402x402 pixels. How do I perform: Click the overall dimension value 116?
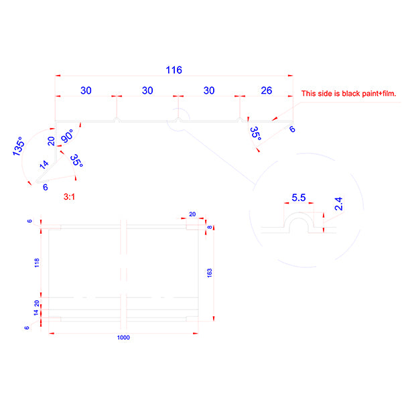click(174, 69)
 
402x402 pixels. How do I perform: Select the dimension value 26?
click(266, 90)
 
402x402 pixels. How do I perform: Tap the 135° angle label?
click(19, 146)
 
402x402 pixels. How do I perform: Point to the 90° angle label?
click(67, 136)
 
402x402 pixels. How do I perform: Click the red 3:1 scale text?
click(70, 197)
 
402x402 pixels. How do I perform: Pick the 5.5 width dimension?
click(299, 198)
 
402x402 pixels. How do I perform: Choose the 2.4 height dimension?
click(339, 204)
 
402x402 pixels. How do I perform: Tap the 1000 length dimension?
click(123, 338)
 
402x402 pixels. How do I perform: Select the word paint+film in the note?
click(380, 94)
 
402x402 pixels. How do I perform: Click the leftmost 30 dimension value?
click(86, 90)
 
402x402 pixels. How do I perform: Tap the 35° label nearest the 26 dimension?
click(256, 134)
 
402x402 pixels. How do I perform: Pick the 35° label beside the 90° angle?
click(77, 161)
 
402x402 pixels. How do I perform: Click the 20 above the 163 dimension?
click(192, 214)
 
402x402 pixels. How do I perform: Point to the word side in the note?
click(326, 94)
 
